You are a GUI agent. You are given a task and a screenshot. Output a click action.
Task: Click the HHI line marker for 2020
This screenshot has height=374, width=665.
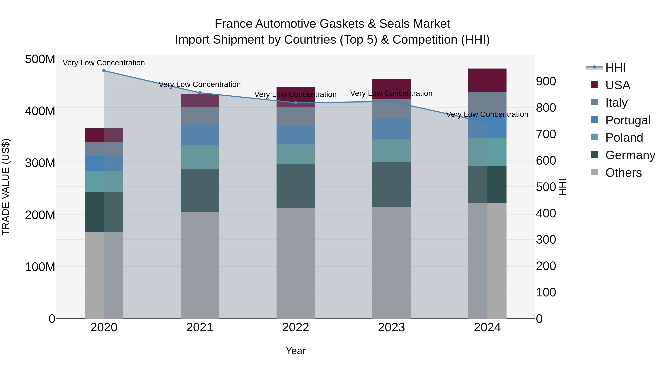click(104, 71)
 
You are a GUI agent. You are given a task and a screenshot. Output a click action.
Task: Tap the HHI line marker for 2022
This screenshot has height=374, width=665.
click(296, 103)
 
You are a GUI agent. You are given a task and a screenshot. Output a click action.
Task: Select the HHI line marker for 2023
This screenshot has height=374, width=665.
click(391, 101)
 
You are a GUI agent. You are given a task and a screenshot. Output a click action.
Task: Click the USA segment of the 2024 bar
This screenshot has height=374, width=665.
click(487, 80)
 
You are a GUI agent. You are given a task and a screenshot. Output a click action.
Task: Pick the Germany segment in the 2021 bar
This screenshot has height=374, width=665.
click(199, 190)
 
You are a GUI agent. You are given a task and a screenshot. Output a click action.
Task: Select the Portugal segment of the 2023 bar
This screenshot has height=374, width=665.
click(391, 129)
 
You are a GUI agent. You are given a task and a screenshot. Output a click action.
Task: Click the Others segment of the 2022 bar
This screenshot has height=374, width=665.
click(296, 263)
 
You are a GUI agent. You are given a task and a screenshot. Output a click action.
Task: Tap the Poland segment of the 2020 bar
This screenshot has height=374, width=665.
click(104, 181)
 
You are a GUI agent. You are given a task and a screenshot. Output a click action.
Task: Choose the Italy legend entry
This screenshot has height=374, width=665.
click(616, 103)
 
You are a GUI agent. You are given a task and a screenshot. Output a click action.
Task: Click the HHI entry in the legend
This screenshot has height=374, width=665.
click(615, 68)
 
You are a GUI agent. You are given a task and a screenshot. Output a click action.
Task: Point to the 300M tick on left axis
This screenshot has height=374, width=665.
click(40, 163)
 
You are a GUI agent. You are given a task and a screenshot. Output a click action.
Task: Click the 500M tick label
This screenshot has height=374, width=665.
click(40, 59)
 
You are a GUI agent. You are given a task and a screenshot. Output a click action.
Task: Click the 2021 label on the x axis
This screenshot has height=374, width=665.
click(199, 327)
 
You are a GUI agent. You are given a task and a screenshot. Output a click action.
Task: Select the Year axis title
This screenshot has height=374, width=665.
click(296, 351)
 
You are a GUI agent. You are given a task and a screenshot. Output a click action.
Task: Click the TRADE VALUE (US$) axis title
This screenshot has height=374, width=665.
click(6, 187)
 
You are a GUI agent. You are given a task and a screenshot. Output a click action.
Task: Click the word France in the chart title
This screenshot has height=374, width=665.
click(234, 24)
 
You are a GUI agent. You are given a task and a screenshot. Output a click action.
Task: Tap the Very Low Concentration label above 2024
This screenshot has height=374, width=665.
click(487, 114)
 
